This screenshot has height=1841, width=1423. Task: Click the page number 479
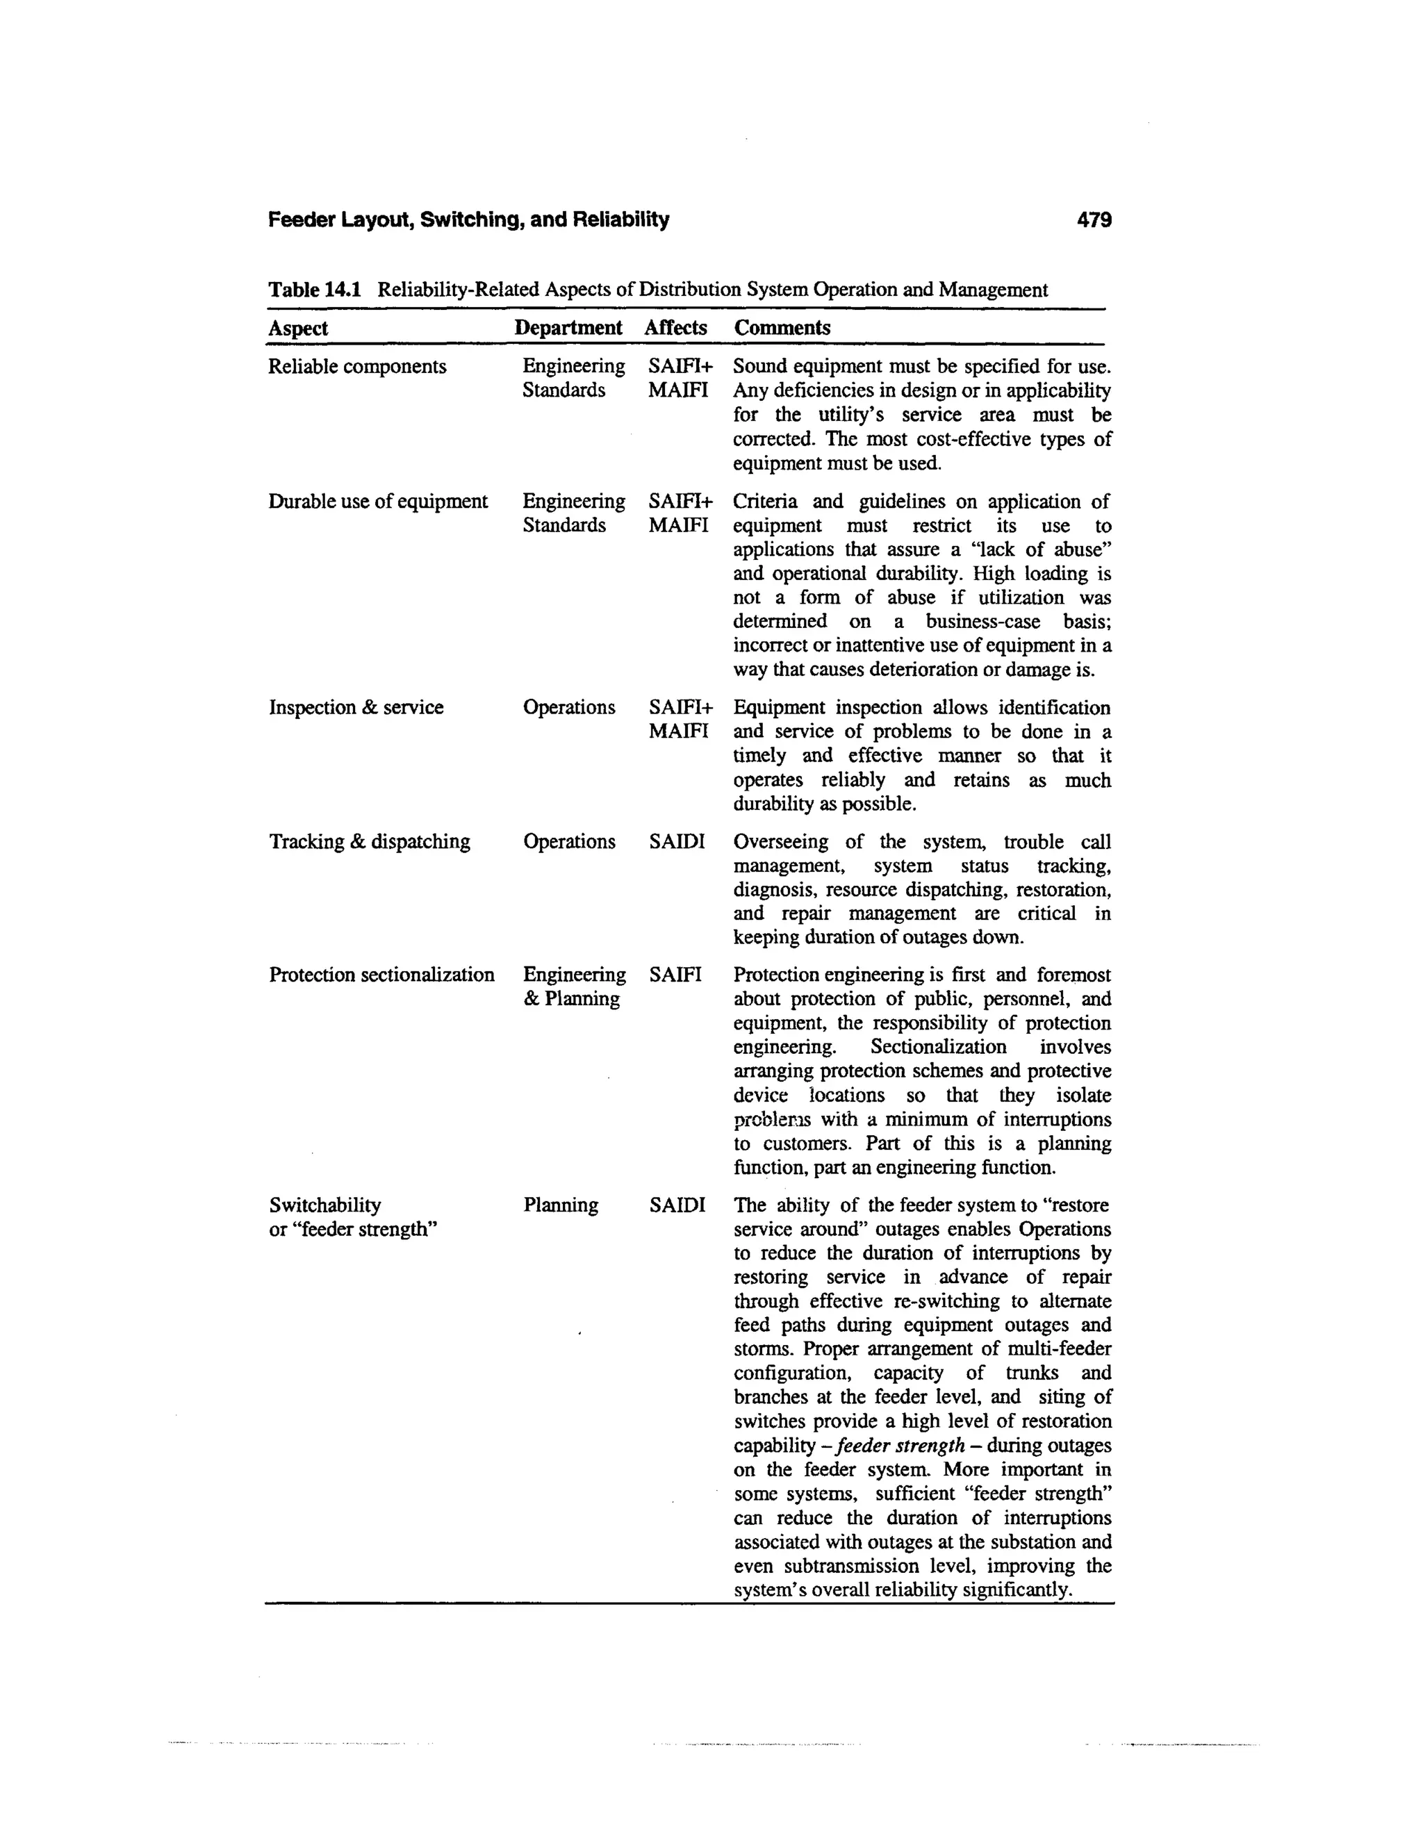pos(1094,221)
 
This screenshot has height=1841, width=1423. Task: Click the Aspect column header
pos(297,328)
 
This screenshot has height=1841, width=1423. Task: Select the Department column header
pos(568,328)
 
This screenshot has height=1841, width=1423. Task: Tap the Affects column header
pos(675,328)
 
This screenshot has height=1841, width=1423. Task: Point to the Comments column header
pos(782,328)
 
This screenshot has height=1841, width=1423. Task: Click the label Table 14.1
pos(315,290)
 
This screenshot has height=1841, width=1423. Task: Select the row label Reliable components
pos(356,367)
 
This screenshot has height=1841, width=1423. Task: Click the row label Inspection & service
pos(356,707)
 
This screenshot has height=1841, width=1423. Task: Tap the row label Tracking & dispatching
pos(369,841)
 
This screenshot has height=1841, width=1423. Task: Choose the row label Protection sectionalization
pos(381,975)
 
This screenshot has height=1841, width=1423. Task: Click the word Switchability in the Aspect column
pos(324,1205)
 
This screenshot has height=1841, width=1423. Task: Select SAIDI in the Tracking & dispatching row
pos(676,841)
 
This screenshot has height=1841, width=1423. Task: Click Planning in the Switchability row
pos(561,1205)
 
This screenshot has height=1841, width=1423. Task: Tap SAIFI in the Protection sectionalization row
pos(675,975)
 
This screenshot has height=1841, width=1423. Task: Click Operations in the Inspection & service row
pos(569,707)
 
